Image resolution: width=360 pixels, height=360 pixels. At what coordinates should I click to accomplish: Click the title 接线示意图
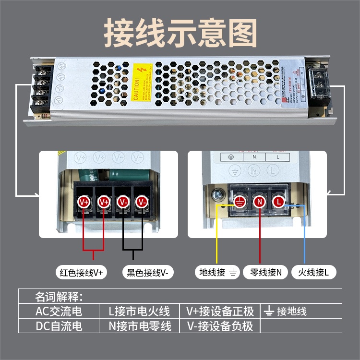[x=180, y=32]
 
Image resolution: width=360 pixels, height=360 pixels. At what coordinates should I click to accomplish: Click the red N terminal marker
[x=260, y=202]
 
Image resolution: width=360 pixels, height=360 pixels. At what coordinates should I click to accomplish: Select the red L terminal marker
[x=278, y=202]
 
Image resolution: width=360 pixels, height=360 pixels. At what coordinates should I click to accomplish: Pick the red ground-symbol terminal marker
[x=240, y=202]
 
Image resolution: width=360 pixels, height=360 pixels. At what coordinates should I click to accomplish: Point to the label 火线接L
[x=313, y=273]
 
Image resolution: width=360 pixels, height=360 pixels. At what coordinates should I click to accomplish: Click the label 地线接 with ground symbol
[x=218, y=273]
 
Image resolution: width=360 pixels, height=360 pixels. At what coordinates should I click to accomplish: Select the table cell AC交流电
[x=59, y=311]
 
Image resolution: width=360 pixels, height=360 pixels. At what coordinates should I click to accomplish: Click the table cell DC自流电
[x=59, y=326]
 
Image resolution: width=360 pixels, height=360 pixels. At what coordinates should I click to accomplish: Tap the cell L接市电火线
[x=140, y=311]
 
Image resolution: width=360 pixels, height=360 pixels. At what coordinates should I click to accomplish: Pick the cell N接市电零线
[x=140, y=326]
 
